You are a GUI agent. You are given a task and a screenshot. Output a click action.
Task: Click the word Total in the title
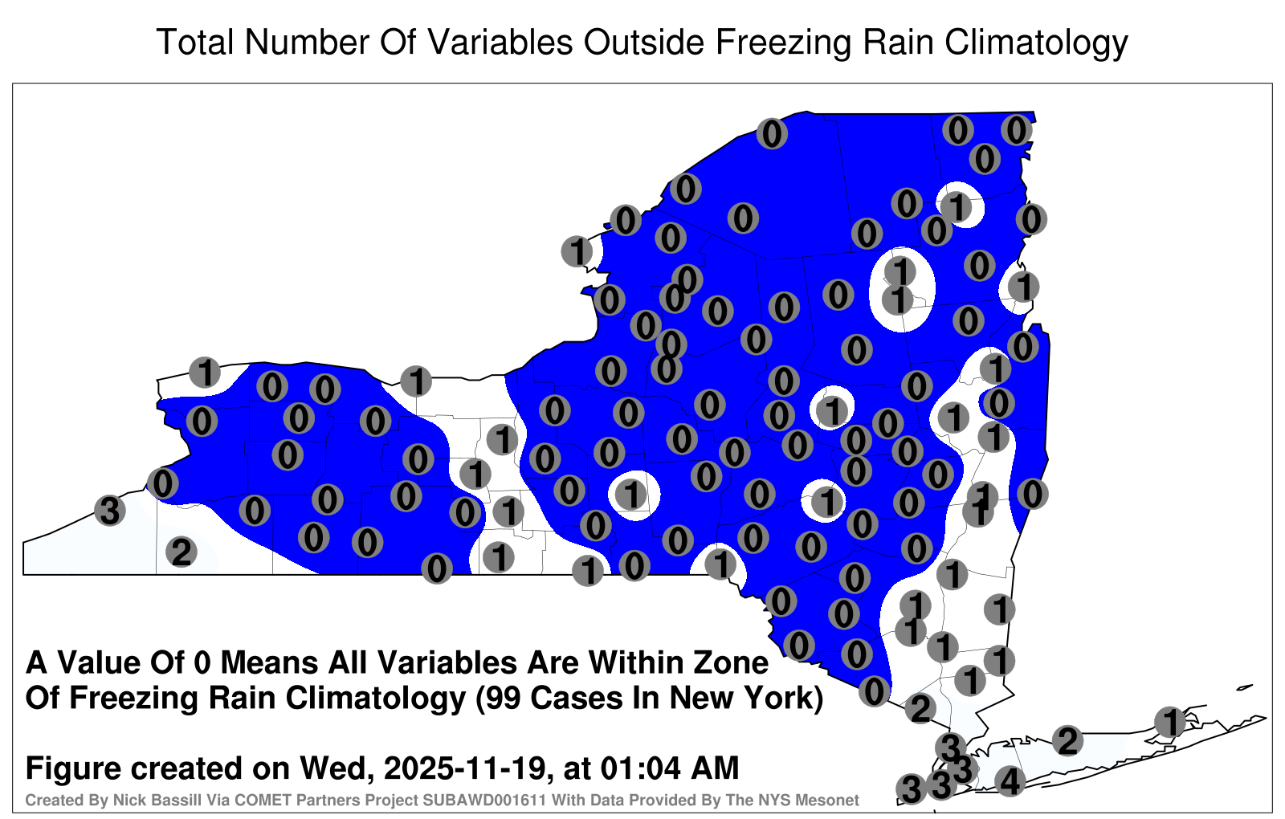click(x=195, y=42)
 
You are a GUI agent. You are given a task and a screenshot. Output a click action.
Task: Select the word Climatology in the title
click(x=1036, y=43)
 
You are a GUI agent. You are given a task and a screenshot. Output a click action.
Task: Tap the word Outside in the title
click(x=643, y=42)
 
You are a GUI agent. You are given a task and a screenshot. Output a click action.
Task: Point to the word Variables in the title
click(x=500, y=42)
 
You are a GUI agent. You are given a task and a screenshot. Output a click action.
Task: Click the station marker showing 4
click(x=1010, y=781)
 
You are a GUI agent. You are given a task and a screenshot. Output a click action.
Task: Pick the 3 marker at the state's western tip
click(x=109, y=510)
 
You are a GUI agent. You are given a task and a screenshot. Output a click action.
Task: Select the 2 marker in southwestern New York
click(x=182, y=552)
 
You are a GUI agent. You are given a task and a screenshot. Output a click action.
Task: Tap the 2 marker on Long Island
click(x=1067, y=740)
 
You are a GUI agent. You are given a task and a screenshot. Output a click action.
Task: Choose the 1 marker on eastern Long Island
click(x=1169, y=722)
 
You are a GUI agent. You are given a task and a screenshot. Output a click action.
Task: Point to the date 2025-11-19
click(x=463, y=768)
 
